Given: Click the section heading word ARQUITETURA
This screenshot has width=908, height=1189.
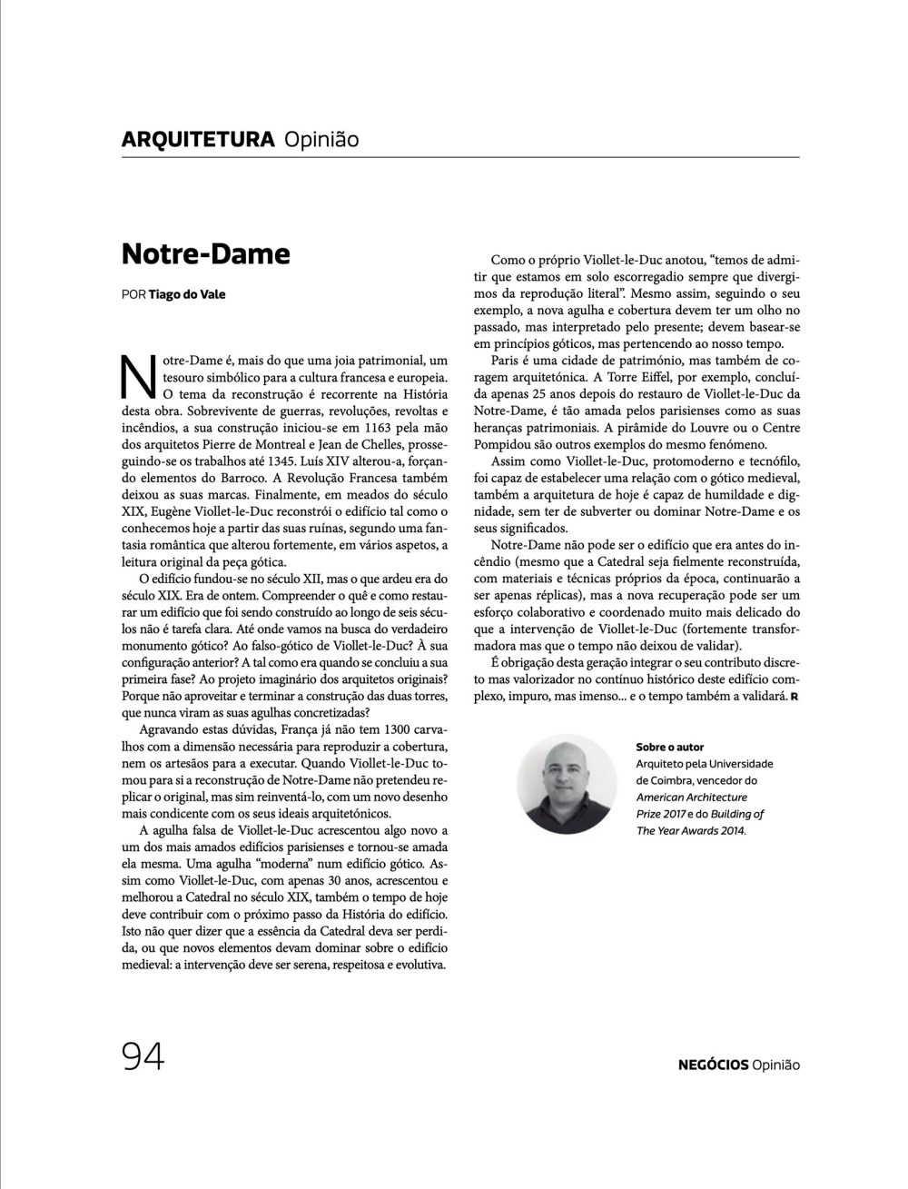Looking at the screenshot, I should pyautogui.click(x=197, y=139).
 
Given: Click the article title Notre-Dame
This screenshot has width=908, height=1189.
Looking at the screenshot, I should pyautogui.click(x=205, y=253).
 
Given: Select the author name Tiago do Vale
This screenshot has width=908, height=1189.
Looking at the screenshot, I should pyautogui.click(x=188, y=294).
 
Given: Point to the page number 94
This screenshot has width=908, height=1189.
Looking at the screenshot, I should pyautogui.click(x=143, y=1056).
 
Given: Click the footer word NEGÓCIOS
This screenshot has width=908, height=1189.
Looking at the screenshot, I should pyautogui.click(x=713, y=1065).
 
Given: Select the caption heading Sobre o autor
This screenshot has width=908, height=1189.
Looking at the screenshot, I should pyautogui.click(x=670, y=747).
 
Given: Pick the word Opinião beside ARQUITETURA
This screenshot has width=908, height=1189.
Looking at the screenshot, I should pyautogui.click(x=321, y=139).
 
